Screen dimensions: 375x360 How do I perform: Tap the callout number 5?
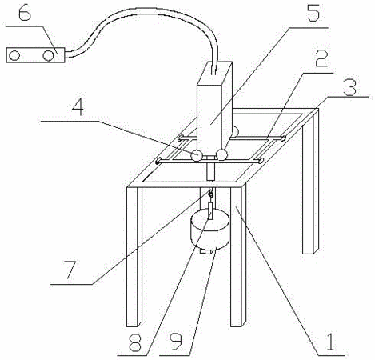click(313, 12)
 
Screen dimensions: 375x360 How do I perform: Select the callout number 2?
click(321, 58)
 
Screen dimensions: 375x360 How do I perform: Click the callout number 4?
click(78, 107)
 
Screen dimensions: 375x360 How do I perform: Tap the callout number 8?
click(134, 341)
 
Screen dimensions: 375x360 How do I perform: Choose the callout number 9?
click(175, 341)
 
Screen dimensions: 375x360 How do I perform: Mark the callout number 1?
click(330, 342)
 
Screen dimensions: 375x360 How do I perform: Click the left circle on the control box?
click(14, 56)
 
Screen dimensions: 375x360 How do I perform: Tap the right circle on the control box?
click(48, 56)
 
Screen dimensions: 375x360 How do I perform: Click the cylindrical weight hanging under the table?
click(209, 229)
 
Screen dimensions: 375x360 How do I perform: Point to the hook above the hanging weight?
click(210, 194)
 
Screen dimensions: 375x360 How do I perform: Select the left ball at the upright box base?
click(197, 156)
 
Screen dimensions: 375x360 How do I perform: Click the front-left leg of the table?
click(134, 257)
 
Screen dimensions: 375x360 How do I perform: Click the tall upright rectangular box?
click(214, 106)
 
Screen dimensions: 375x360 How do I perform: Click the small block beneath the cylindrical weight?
click(207, 251)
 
